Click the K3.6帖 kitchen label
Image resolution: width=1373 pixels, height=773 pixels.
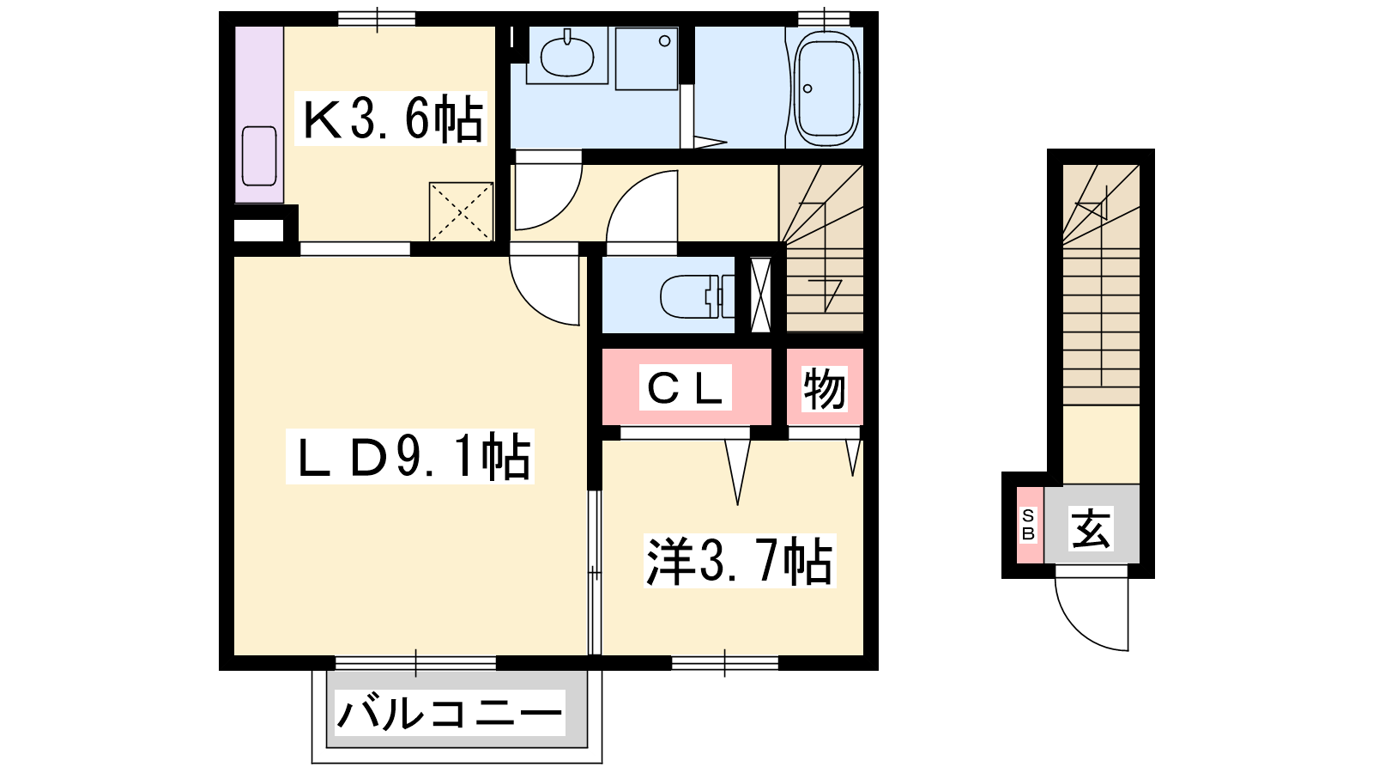(x=391, y=119)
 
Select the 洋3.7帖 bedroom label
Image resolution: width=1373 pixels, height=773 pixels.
(x=739, y=561)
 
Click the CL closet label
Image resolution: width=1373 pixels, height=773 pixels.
(x=685, y=387)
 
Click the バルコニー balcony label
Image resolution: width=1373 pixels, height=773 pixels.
(x=450, y=714)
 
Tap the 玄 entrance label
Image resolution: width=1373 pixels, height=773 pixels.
(x=1091, y=529)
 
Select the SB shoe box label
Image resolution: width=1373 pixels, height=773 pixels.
(x=1028, y=525)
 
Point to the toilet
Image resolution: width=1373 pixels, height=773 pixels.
(x=697, y=297)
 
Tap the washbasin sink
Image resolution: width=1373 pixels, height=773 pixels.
(x=567, y=55)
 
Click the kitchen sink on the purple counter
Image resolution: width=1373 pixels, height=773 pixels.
(x=259, y=155)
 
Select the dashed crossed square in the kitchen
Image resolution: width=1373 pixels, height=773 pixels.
(x=461, y=211)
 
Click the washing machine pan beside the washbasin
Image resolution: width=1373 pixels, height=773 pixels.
(x=647, y=58)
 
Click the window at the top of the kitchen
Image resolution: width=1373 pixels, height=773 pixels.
(x=377, y=19)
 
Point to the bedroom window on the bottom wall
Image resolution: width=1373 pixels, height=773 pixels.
(x=724, y=662)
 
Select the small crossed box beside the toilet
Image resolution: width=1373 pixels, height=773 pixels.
(x=760, y=295)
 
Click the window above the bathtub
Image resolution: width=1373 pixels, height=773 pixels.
(x=825, y=19)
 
